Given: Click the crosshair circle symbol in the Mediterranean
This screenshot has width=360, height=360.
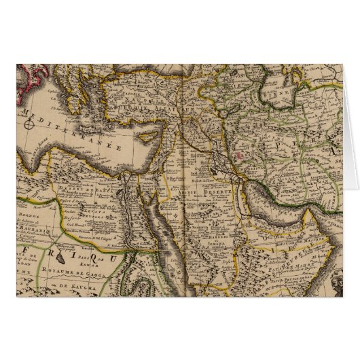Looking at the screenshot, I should tap(31, 124).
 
